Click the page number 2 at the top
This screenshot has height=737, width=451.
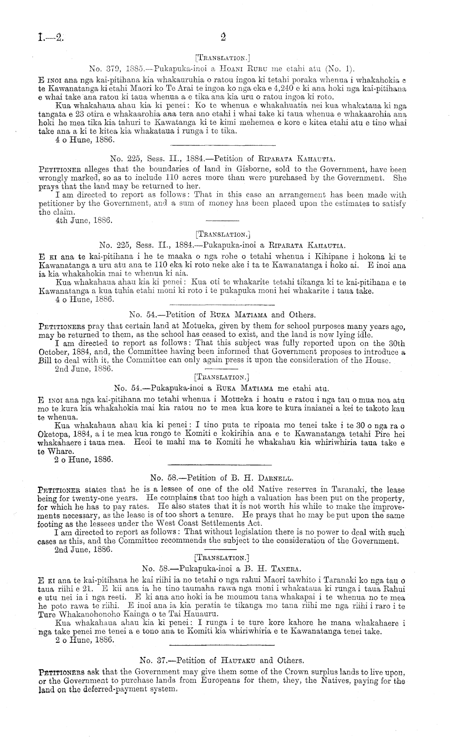tap(223, 38)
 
